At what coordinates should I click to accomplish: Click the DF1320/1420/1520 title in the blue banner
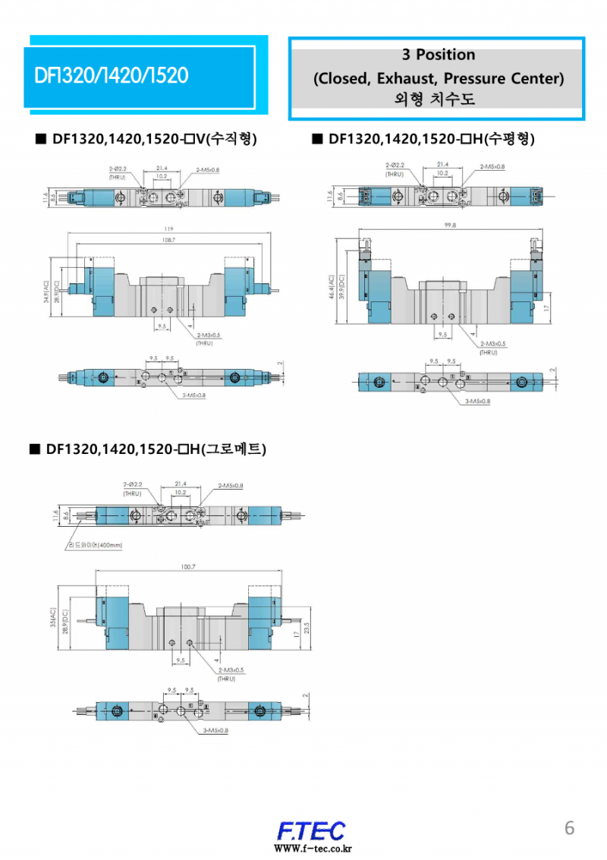(x=111, y=76)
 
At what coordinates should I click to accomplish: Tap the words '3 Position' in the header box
(x=439, y=55)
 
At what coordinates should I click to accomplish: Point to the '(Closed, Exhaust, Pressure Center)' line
(x=439, y=78)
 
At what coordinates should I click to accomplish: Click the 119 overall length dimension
(x=168, y=229)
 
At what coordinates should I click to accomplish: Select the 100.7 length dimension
(x=188, y=567)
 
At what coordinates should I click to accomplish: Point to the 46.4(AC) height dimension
(x=332, y=288)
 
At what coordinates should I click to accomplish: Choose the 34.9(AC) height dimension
(x=46, y=292)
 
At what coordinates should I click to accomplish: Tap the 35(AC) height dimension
(x=52, y=619)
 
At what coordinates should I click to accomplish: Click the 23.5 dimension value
(x=306, y=628)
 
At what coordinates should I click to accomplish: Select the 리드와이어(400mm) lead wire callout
(x=95, y=544)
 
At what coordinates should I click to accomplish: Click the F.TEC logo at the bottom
(x=311, y=830)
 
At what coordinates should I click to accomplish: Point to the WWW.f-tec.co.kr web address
(x=313, y=848)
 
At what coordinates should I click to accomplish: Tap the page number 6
(x=569, y=828)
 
